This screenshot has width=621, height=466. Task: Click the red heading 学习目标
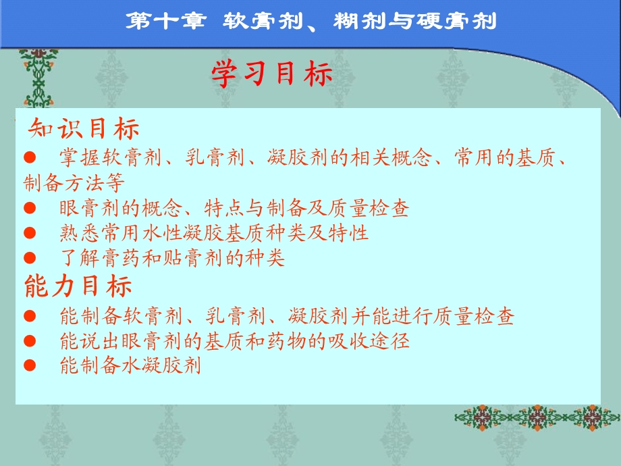coord(272,75)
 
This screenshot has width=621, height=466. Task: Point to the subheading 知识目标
coord(84,128)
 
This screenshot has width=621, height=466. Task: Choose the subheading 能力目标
coord(78,286)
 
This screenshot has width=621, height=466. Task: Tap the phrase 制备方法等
coord(74,183)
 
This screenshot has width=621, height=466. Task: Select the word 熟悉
coord(77,233)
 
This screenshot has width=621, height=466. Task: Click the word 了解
coord(77,258)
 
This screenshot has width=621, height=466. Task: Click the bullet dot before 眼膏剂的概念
coord(28,208)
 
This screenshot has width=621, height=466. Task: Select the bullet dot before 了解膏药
coord(28,258)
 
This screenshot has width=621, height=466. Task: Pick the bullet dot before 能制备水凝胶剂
coord(28,366)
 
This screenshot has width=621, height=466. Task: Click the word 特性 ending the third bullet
coord(352,233)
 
